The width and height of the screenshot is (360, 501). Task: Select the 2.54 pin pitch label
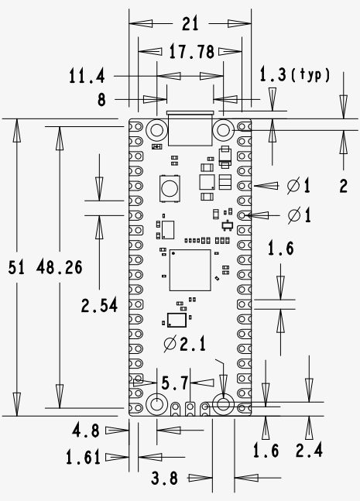99,305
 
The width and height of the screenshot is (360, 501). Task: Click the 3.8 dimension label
165,479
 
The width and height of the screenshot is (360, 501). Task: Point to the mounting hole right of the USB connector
225,129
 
